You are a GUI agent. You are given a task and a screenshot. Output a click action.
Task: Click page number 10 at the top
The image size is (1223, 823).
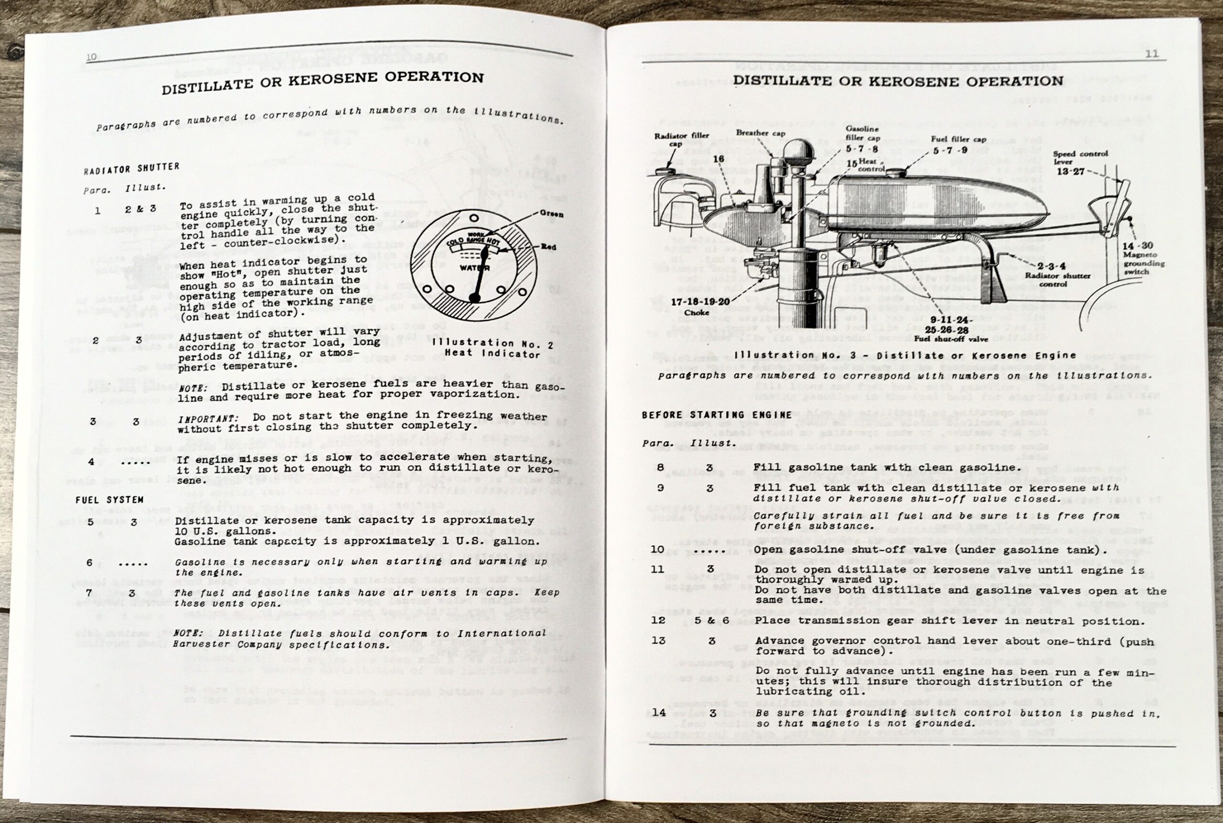tap(91, 57)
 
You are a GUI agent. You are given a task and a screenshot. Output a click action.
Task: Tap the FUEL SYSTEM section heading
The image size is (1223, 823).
tap(109, 500)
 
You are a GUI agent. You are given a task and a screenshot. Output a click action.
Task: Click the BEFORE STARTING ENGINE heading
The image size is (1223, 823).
tap(717, 415)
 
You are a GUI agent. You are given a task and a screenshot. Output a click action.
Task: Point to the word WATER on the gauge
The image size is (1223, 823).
tap(474, 267)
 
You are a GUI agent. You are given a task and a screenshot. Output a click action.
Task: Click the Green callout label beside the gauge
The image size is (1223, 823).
tap(551, 214)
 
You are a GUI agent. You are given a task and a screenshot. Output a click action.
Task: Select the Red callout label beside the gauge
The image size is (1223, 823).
tap(549, 246)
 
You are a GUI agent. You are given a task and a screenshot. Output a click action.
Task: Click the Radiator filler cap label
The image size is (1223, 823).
tap(681, 139)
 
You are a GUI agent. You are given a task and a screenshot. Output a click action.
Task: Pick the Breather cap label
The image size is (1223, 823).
tap(761, 133)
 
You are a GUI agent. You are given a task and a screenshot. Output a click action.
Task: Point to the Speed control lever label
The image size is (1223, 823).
tap(1080, 158)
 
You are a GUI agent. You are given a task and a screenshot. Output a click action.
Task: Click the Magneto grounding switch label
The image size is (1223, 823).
tap(1144, 263)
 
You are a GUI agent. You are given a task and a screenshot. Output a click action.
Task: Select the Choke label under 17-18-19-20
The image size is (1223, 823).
tap(697, 313)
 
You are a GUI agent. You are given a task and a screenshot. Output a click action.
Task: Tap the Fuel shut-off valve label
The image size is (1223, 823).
tap(951, 339)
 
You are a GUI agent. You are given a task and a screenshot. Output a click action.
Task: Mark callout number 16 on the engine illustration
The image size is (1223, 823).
tap(719, 159)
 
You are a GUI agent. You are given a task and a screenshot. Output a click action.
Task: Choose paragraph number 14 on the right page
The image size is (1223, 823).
tap(659, 712)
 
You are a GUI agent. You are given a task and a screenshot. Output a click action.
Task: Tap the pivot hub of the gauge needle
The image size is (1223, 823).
tap(474, 298)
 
